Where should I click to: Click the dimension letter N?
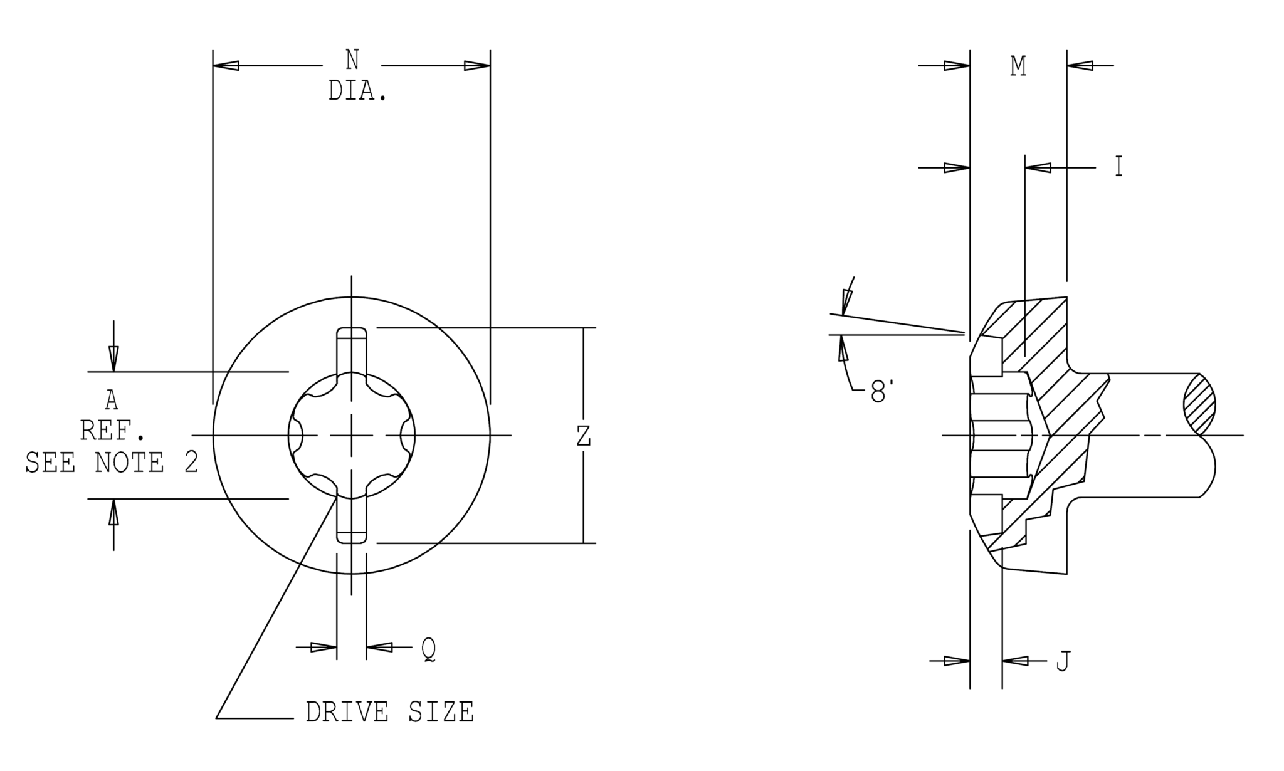[352, 61]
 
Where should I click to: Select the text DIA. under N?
[357, 92]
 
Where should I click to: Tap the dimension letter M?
[1018, 66]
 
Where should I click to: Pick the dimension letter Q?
[428, 650]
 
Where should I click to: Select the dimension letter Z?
[584, 436]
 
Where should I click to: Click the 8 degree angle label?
[881, 394]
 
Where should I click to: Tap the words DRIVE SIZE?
[389, 713]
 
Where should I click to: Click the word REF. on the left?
[113, 431]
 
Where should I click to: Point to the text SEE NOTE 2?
[112, 463]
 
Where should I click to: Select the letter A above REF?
[112, 400]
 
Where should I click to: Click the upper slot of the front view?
[352, 351]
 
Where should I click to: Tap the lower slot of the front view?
[352, 519]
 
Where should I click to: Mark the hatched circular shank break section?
[1199, 405]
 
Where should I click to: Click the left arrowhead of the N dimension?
[226, 66]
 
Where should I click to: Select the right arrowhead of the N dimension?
[477, 66]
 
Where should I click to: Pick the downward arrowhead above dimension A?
[113, 359]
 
